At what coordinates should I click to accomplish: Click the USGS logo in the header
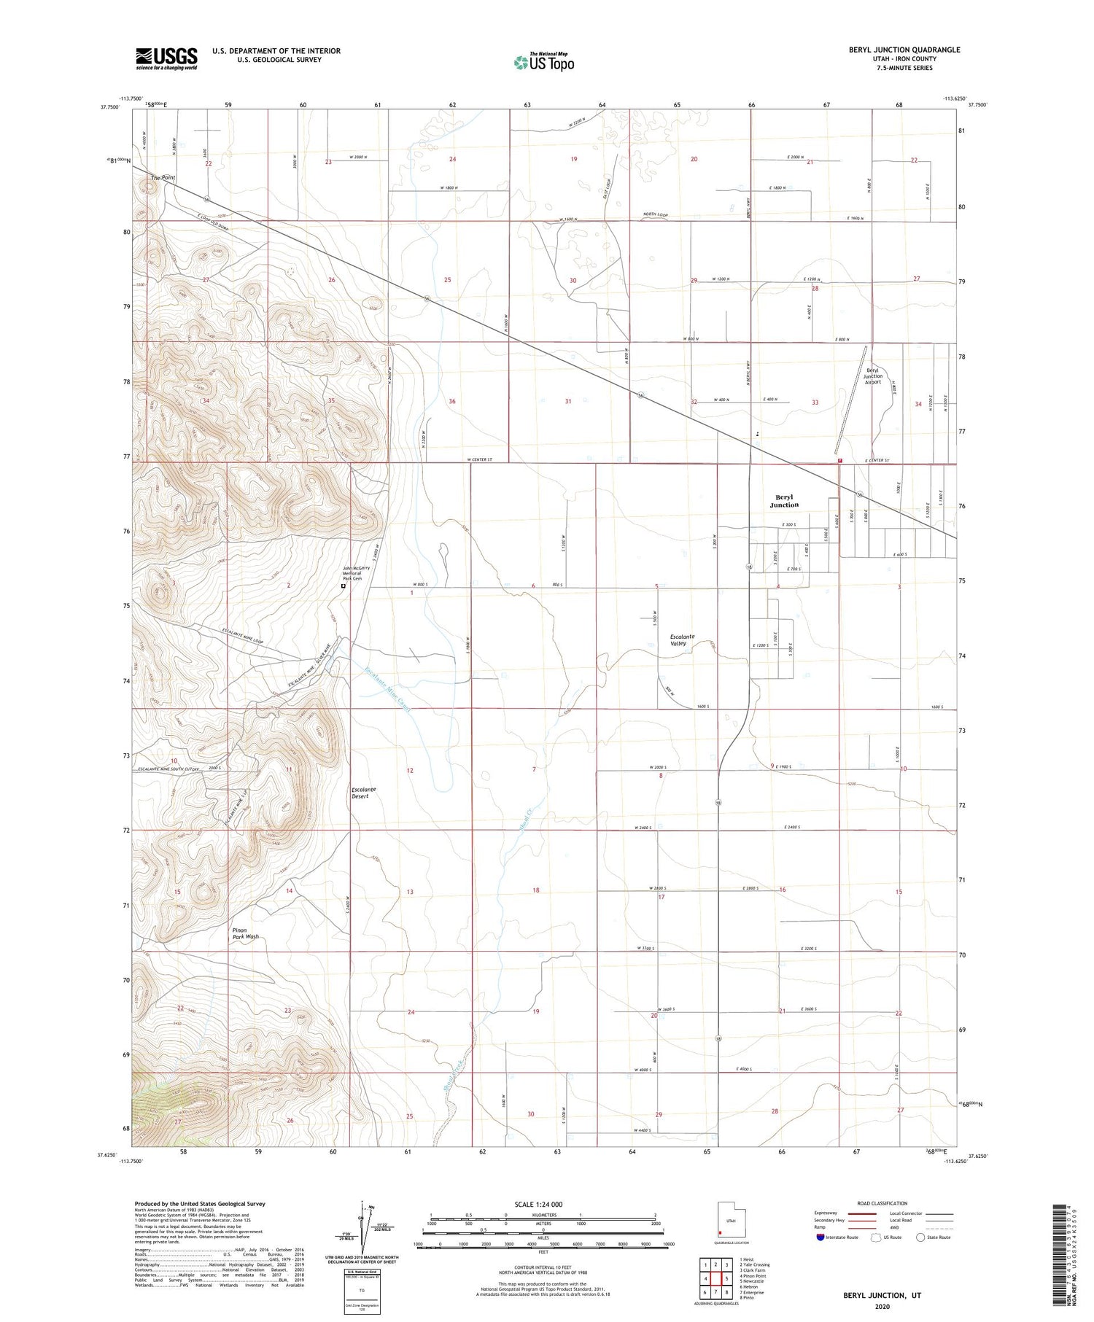click(166, 58)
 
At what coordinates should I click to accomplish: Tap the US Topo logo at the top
click(544, 62)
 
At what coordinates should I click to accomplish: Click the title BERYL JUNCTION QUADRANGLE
click(894, 50)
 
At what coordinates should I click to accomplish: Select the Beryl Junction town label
click(784, 501)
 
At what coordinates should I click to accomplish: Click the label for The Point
click(163, 178)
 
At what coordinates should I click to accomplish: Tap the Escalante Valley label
click(682, 639)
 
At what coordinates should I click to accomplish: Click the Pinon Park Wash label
click(245, 933)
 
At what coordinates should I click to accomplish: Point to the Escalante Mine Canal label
click(388, 690)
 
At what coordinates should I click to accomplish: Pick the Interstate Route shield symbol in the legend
click(820, 1237)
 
